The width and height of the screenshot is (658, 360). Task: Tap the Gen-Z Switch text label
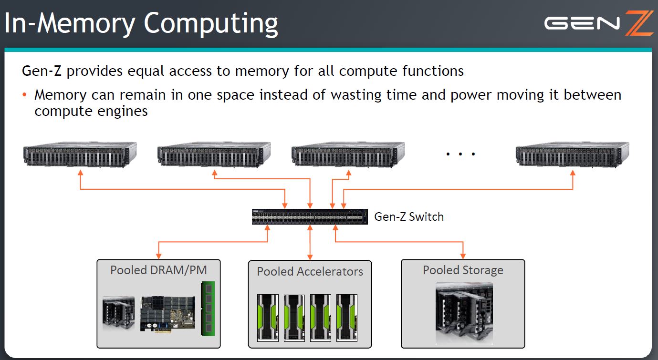(x=409, y=217)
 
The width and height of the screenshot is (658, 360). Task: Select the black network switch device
(x=310, y=216)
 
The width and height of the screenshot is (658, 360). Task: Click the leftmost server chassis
(x=80, y=154)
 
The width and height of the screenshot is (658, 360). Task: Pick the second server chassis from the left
(x=214, y=154)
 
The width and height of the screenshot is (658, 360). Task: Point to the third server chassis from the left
(x=348, y=154)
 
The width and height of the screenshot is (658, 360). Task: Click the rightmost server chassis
(x=573, y=154)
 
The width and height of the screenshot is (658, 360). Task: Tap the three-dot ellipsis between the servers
(x=460, y=154)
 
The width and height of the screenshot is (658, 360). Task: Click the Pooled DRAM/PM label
(x=158, y=270)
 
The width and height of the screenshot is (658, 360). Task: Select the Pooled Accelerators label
(x=310, y=272)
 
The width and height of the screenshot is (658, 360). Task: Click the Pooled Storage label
(x=463, y=270)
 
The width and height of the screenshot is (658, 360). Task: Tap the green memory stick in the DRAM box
(x=208, y=309)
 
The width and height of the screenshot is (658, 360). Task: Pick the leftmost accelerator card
(x=267, y=317)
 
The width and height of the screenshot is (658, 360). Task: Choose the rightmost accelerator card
(x=346, y=317)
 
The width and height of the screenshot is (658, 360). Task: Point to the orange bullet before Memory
(x=25, y=95)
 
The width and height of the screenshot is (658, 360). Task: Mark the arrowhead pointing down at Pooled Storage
(x=463, y=256)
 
